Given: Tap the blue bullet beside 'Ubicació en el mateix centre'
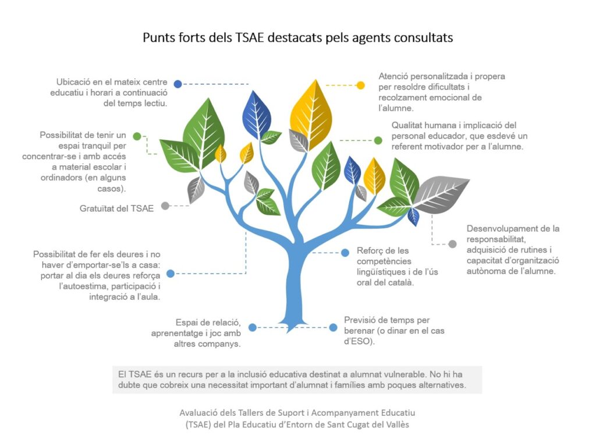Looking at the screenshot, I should [178, 84].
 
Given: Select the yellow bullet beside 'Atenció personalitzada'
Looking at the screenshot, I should [360, 85].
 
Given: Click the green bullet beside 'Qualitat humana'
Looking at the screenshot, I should [378, 140].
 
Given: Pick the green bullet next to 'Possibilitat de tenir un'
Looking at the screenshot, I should [137, 136].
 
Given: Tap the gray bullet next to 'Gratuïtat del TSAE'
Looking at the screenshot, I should [165, 206].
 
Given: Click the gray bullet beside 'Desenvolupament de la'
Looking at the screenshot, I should [452, 244].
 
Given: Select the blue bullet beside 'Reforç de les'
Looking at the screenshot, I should [345, 252].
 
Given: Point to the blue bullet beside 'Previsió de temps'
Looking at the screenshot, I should [333, 327].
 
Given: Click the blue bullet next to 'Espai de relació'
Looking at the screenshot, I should [252, 327].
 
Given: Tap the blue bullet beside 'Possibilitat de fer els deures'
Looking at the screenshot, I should [170, 273].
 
